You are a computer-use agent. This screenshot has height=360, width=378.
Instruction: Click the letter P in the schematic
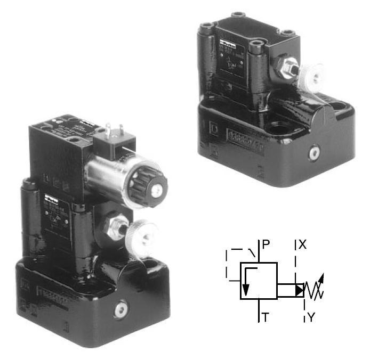(266, 246)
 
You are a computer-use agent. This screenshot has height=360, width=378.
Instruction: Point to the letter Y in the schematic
(311, 318)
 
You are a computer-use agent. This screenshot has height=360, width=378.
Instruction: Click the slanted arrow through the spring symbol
(317, 285)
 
